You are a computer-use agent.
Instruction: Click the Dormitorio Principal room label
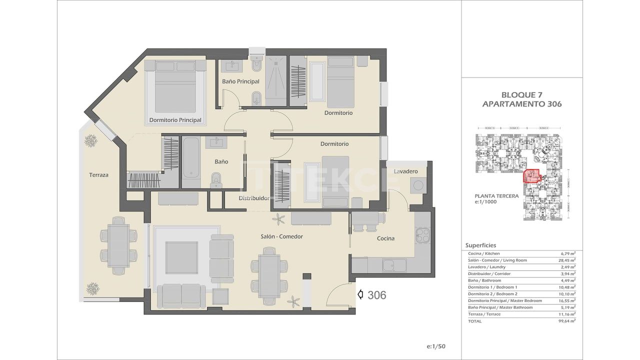tap(175, 120)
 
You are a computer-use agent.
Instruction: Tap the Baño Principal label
tap(240, 81)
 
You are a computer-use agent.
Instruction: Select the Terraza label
tap(98, 175)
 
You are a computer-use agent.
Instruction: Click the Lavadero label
tap(405, 171)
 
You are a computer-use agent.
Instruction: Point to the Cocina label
tap(385, 238)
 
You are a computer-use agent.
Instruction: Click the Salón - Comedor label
tap(281, 236)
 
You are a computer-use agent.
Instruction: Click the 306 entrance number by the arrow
tap(376, 295)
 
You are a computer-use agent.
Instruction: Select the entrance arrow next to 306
tap(360, 295)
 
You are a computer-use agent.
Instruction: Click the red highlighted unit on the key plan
tap(531, 176)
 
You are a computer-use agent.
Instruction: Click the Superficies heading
tap(480, 245)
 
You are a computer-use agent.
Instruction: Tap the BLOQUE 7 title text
tap(521, 94)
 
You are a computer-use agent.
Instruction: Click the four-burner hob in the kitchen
tap(423, 234)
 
